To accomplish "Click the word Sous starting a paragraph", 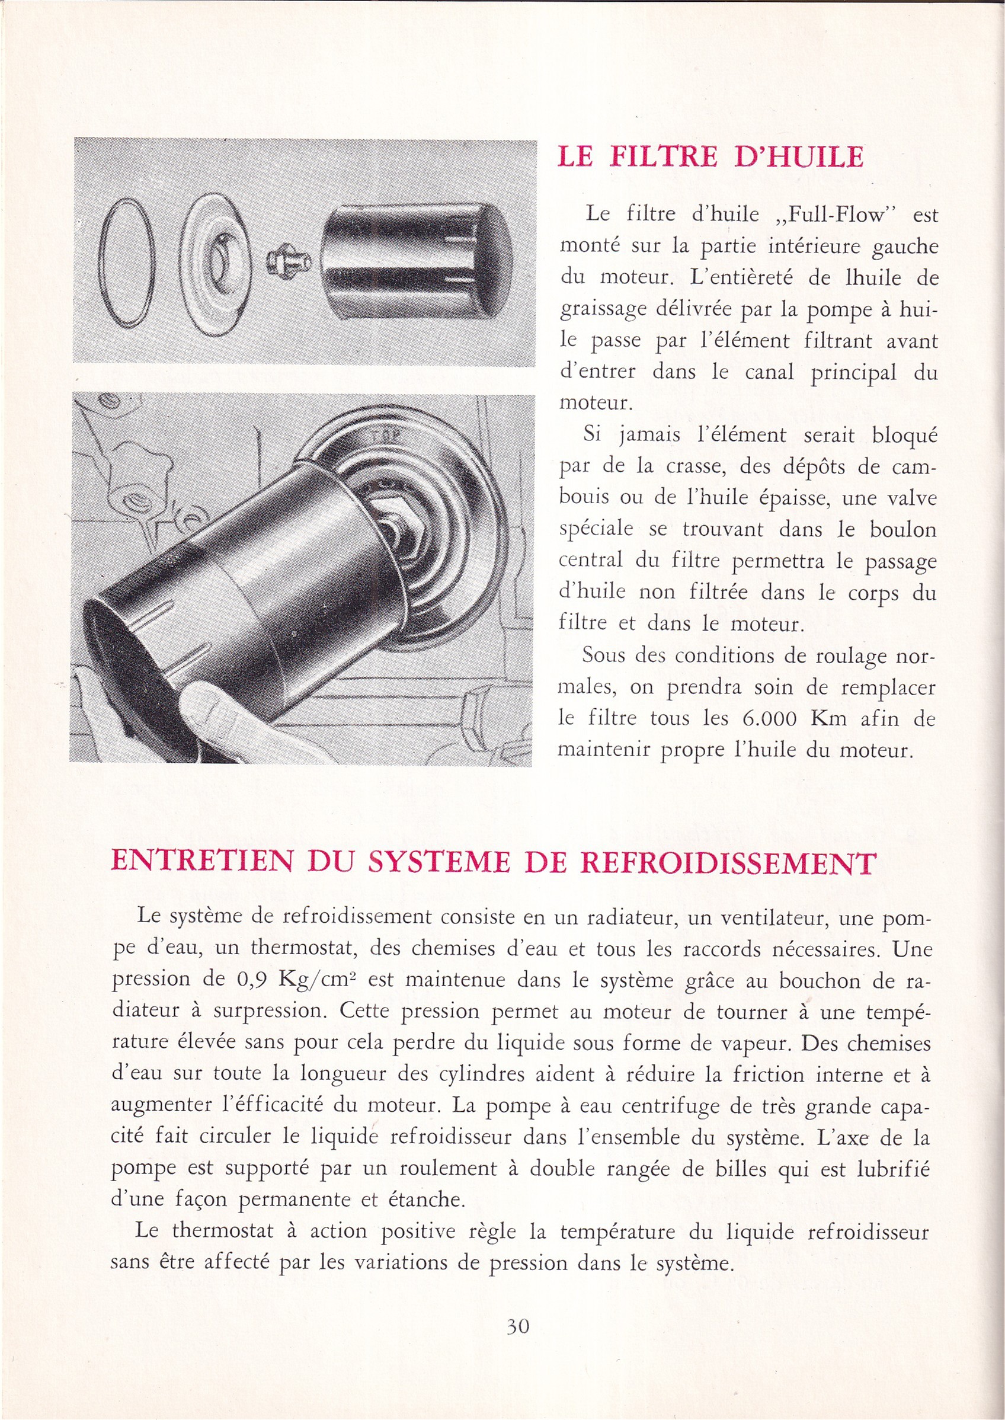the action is [x=604, y=655].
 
